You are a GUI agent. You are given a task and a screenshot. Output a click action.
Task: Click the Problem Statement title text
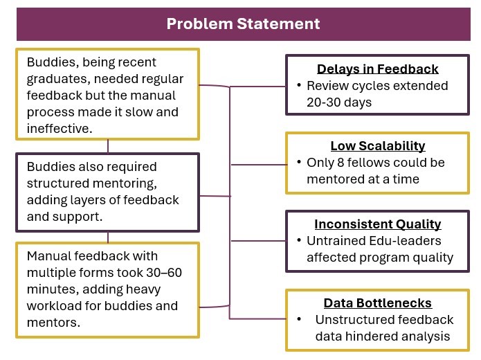pyautogui.click(x=243, y=24)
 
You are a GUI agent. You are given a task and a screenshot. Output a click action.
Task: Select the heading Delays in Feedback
pyautogui.click(x=378, y=69)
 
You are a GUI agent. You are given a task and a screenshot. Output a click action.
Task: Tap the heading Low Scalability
pyautogui.click(x=378, y=146)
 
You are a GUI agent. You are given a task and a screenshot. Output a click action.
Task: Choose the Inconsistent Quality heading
pyautogui.click(x=378, y=224)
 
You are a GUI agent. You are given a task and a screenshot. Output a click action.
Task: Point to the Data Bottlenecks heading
pyautogui.click(x=378, y=303)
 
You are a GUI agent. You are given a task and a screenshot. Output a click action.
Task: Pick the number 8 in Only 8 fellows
pyautogui.click(x=341, y=163)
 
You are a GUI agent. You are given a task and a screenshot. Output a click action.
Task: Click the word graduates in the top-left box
pyautogui.click(x=55, y=79)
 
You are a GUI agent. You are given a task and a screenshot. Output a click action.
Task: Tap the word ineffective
pyautogui.click(x=58, y=128)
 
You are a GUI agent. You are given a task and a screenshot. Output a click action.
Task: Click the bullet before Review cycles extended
pyautogui.click(x=298, y=86)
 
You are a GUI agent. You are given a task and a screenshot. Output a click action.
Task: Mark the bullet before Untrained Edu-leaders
pyautogui.click(x=298, y=241)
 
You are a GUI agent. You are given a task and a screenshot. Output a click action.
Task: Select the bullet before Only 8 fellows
pyautogui.click(x=298, y=163)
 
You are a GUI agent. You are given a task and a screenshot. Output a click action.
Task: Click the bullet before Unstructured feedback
pyautogui.click(x=298, y=320)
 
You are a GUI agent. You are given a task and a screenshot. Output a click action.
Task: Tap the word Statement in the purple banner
pyautogui.click(x=282, y=24)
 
